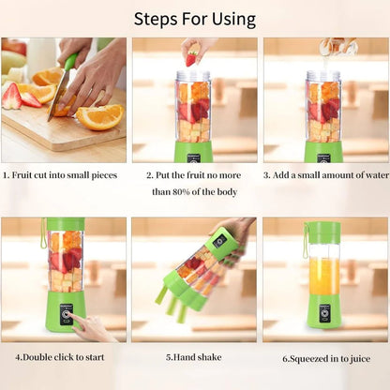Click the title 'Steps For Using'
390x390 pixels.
(x=194, y=18)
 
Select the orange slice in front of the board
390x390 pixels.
(x=99, y=116)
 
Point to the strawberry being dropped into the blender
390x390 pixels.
(x=191, y=58)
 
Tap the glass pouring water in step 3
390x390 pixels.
(x=337, y=44)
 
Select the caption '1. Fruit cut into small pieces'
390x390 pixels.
(x=64, y=174)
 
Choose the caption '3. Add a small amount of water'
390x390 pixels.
(x=324, y=174)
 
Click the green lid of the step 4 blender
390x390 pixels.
(x=66, y=225)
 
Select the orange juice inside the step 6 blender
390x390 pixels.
(x=324, y=275)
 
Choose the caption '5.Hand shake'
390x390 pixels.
(x=194, y=357)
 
